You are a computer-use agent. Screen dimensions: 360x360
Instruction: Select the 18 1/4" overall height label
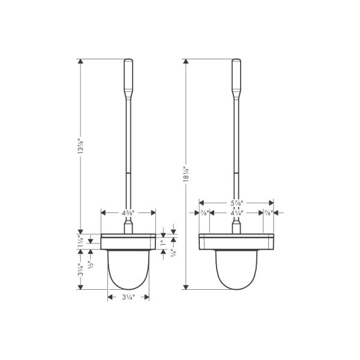pyautogui.click(x=185, y=174)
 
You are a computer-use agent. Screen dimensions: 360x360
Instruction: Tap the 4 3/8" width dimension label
pyautogui.click(x=128, y=212)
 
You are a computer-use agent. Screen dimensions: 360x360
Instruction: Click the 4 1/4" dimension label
pyautogui.click(x=236, y=212)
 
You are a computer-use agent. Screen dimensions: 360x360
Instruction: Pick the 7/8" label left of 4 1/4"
pyautogui.click(x=204, y=212)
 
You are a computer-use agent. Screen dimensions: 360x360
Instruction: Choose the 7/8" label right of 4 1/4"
pyautogui.click(x=268, y=212)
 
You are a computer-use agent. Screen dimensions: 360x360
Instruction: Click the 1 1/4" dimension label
pyautogui.click(x=80, y=241)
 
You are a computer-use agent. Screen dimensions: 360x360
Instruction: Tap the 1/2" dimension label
pyautogui.click(x=90, y=265)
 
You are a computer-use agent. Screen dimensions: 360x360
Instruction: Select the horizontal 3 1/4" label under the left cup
pyautogui.click(x=128, y=297)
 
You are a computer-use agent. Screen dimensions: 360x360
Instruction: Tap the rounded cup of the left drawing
pyautogui.click(x=128, y=270)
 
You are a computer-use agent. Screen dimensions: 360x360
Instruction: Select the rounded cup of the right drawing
pyautogui.click(x=236, y=270)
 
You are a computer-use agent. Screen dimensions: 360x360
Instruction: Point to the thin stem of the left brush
pyautogui.click(x=128, y=156)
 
